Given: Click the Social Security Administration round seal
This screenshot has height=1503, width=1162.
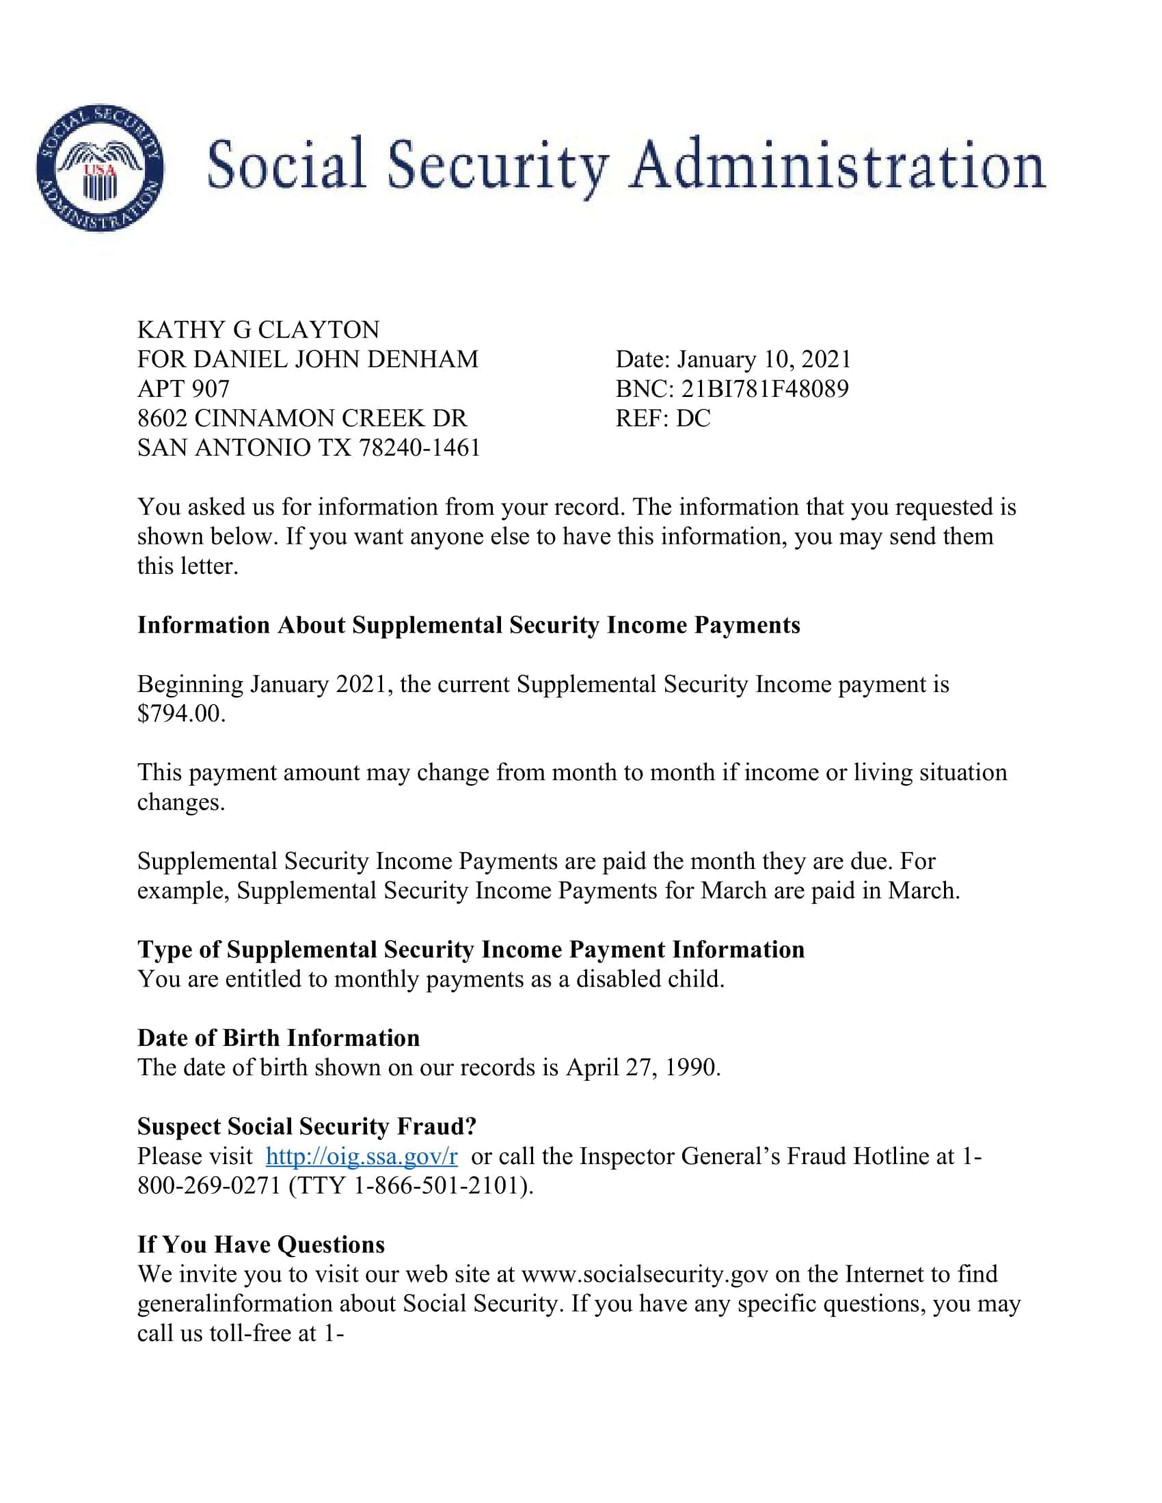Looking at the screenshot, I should tap(100, 169).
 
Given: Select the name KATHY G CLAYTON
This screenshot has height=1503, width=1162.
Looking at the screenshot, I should tap(258, 331).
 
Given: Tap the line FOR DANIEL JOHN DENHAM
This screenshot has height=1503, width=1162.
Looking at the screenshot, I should tap(307, 359).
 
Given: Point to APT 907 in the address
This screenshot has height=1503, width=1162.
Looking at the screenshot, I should tap(183, 389).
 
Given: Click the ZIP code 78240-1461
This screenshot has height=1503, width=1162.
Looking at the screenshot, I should tap(419, 448).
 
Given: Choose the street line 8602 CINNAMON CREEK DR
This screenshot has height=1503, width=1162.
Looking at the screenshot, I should tap(301, 418).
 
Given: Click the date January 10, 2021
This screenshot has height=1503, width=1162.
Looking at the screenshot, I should tap(764, 359).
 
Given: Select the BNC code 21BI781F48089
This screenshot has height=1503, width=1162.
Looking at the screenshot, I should tap(765, 389).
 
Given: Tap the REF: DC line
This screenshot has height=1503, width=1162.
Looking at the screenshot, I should tap(662, 418).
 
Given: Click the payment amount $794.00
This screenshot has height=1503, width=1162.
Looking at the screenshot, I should tap(180, 714).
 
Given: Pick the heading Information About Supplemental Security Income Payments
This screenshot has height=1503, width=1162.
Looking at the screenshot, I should tap(468, 625).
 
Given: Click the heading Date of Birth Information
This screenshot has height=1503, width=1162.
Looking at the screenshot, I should tap(278, 1038).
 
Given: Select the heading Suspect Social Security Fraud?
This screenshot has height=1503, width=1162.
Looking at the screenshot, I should tap(306, 1126).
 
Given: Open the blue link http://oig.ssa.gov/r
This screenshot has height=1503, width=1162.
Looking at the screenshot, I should tap(362, 1156).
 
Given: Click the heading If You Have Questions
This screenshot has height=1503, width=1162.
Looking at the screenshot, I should tap(261, 1244).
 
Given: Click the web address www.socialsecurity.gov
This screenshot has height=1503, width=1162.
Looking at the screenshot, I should tap(645, 1274).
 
